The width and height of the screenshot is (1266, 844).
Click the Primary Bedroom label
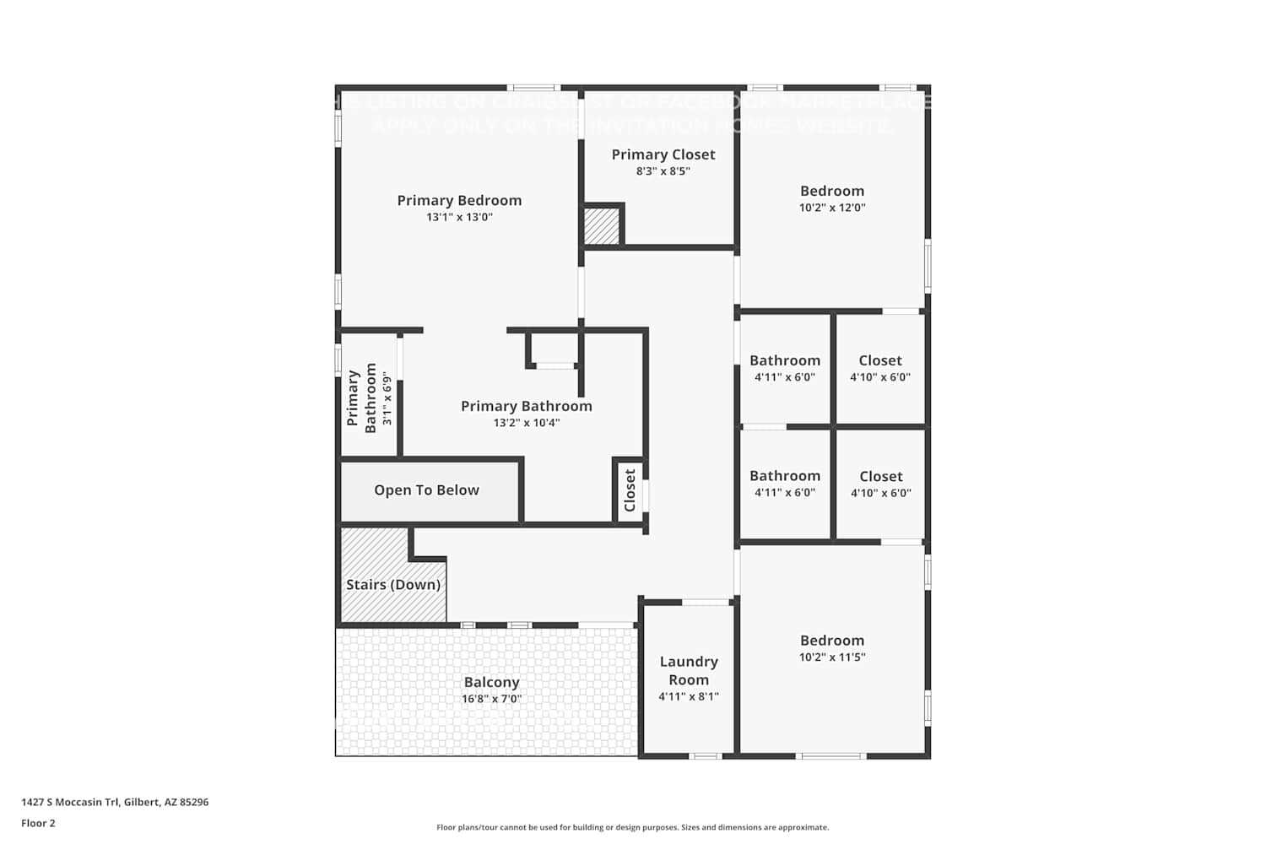459,201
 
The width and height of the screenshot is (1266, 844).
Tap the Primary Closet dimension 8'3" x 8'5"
663,171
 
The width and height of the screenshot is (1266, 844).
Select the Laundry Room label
689,671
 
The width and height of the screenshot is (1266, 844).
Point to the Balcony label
491,683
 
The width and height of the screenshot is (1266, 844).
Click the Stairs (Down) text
393,585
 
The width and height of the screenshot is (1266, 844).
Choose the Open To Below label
426,490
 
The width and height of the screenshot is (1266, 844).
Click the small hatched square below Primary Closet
603,226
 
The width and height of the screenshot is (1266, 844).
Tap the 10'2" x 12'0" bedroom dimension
832,208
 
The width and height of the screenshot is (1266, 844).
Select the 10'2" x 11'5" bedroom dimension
832,657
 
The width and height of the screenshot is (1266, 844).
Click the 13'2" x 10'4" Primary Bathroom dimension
527,423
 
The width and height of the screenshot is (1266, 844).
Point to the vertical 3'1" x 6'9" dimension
387,398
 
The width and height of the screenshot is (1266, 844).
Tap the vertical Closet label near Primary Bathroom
630,490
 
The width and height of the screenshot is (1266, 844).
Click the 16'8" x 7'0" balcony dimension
491,699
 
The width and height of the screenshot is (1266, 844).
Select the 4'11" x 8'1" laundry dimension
689,697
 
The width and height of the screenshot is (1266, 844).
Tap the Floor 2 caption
38,824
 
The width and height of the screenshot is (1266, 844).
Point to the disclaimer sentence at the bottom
632,828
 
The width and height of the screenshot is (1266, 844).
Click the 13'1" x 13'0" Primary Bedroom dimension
459,218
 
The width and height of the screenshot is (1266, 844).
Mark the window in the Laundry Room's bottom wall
705,756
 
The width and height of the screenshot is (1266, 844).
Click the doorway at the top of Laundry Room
706,602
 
